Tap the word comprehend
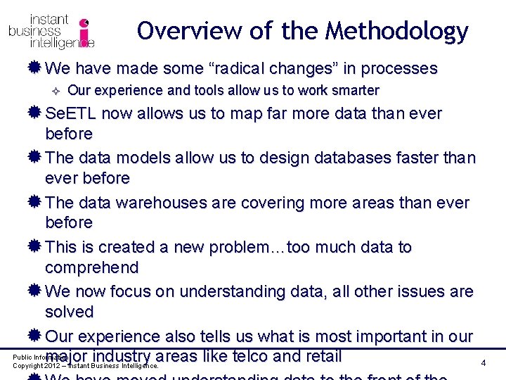(x=91, y=267)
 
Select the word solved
(x=69, y=312)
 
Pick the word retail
(x=320, y=356)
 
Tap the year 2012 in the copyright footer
(x=53, y=367)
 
